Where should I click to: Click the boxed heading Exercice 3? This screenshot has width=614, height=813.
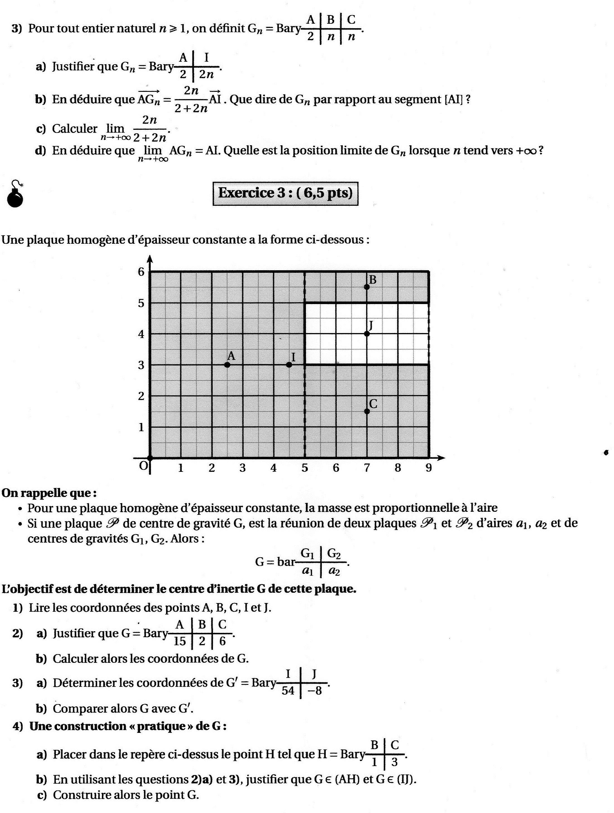tap(285, 193)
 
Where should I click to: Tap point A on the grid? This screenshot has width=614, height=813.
tap(227, 365)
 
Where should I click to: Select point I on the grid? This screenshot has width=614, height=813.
tap(289, 365)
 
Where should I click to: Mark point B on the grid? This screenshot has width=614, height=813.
tap(366, 287)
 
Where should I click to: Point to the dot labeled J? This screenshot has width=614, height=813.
tap(366, 333)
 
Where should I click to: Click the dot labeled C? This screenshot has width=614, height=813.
tap(366, 411)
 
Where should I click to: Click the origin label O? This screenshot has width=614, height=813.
tap(143, 466)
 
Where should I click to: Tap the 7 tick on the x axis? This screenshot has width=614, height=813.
tap(366, 468)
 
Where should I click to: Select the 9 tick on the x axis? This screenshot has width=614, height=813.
tap(428, 468)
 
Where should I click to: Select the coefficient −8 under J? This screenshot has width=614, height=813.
tap(315, 691)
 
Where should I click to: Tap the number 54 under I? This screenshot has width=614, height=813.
tap(288, 691)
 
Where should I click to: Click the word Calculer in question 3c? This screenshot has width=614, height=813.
tap(75, 129)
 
